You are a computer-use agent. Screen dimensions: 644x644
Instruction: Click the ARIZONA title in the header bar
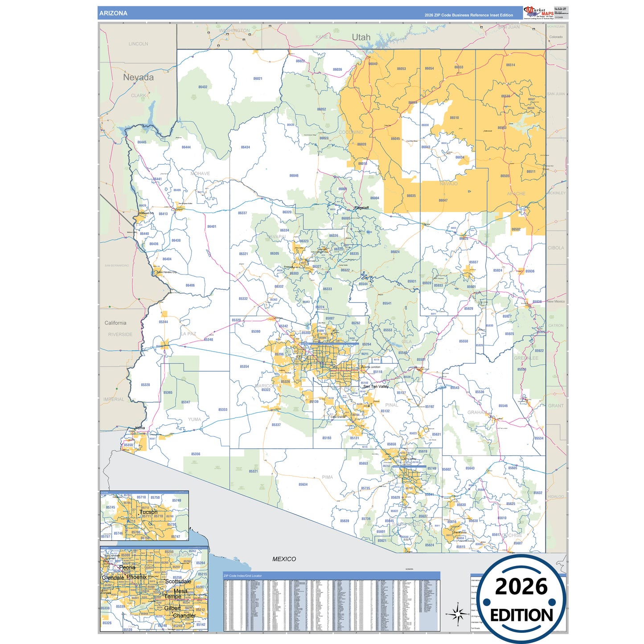(113, 13)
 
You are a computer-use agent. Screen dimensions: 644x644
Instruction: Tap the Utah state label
(361, 37)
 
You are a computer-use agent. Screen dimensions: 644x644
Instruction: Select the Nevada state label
(138, 78)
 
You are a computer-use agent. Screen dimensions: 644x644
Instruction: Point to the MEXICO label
(284, 559)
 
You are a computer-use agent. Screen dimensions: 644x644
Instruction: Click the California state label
(115, 323)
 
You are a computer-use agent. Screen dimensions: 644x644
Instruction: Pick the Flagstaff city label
(361, 208)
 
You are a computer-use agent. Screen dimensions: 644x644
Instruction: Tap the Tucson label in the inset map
(148, 512)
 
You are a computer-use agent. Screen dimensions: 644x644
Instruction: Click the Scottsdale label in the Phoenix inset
(178, 582)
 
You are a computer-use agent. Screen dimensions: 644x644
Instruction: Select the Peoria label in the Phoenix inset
(127, 567)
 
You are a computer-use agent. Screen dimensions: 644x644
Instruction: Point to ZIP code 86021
(258, 79)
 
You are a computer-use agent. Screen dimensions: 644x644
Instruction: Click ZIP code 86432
(203, 87)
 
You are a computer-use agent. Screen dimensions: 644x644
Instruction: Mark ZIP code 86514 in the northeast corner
(510, 65)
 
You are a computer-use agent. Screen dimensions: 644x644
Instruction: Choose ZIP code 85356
(196, 454)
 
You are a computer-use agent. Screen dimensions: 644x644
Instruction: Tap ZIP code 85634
(303, 484)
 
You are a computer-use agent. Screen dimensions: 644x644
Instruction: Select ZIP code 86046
(294, 176)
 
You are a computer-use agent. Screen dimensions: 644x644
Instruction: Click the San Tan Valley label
(376, 386)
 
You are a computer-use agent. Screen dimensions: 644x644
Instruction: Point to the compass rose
(457, 614)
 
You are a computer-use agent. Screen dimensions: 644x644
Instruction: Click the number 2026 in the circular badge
(521, 587)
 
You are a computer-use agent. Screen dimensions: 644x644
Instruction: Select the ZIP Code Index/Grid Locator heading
(243, 576)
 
